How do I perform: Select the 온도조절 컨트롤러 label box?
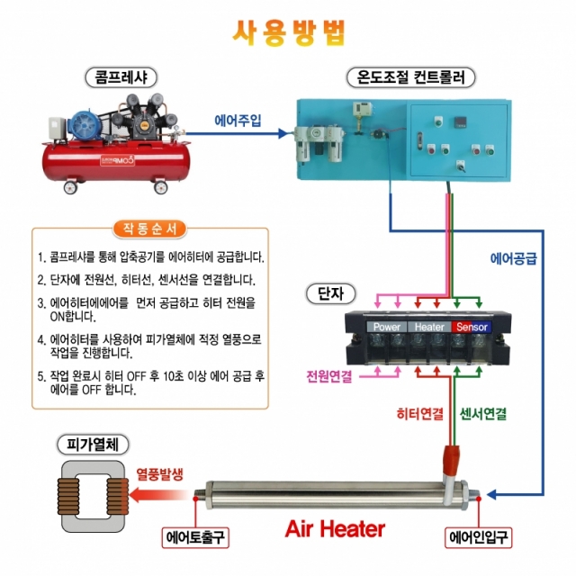[410, 77]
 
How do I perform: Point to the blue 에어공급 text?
[513, 258]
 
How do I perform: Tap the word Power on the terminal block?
[387, 327]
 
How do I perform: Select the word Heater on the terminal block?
[429, 327]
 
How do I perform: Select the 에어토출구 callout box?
[195, 538]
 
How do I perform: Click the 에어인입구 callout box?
[480, 538]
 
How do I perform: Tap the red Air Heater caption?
[335, 529]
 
